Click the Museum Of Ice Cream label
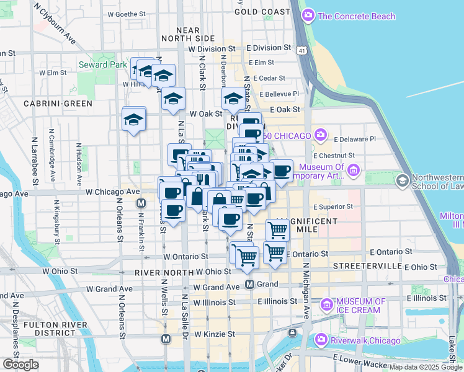(x=360, y=306)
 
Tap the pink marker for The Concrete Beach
(x=308, y=15)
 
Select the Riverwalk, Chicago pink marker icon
(x=321, y=339)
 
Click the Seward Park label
(x=99, y=64)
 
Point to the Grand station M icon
(x=249, y=284)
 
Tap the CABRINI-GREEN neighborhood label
(x=58, y=104)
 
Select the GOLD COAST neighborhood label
(x=262, y=12)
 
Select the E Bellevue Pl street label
(x=280, y=94)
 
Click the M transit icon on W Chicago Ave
(x=141, y=203)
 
